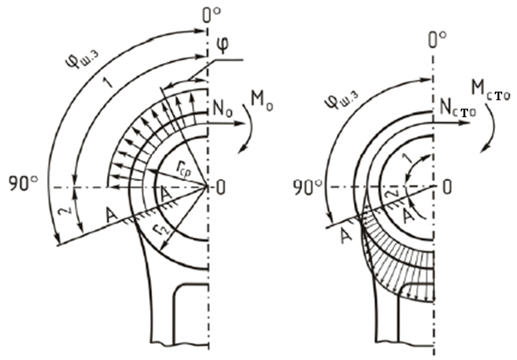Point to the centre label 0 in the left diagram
tap(220, 188)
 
